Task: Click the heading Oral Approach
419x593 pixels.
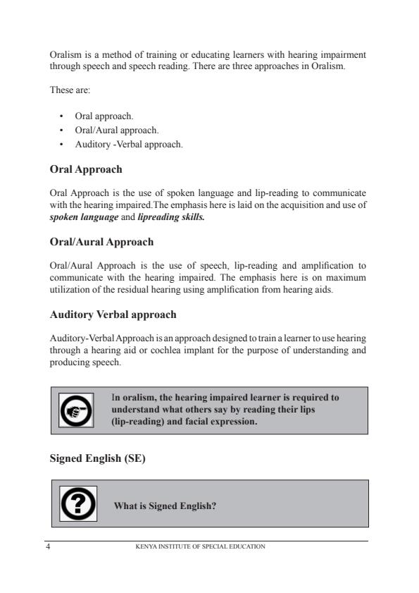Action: [x=86, y=170]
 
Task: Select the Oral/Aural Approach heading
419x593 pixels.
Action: [x=101, y=241]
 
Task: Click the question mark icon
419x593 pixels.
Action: [x=78, y=503]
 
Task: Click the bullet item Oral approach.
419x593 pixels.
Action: [x=104, y=115]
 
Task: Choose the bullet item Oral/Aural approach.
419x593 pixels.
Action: [x=112, y=130]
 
